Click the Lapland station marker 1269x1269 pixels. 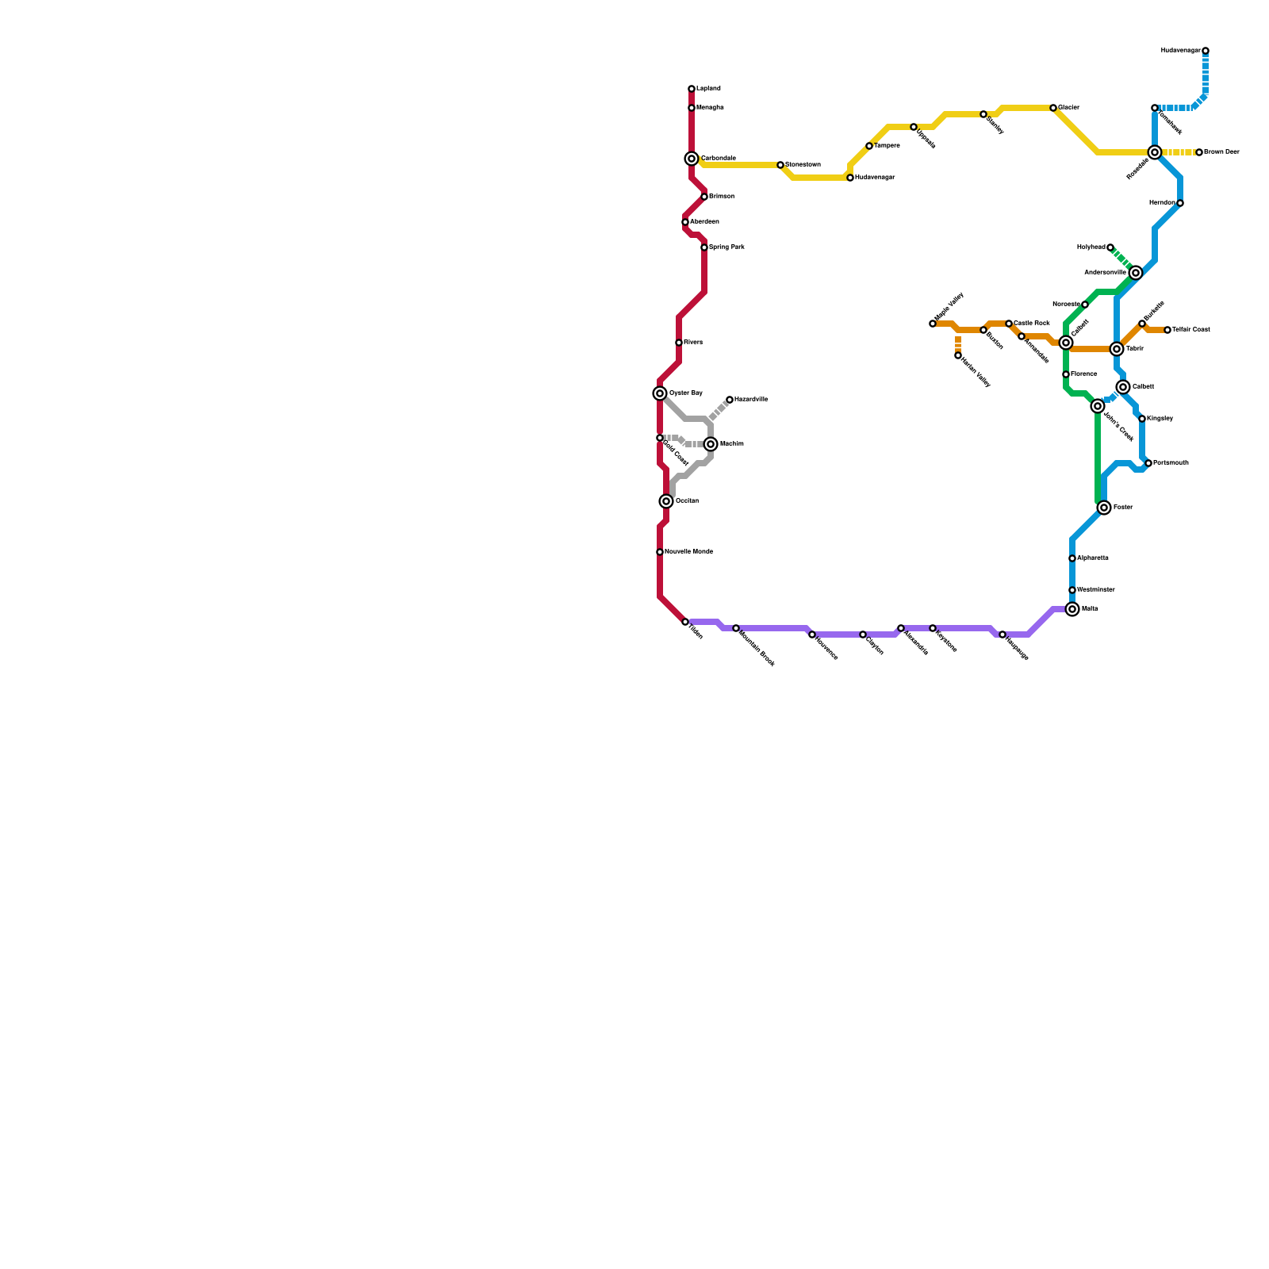pos(692,89)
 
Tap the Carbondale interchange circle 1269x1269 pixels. pos(692,159)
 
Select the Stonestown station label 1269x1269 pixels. pos(803,165)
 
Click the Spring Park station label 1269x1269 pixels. pos(727,247)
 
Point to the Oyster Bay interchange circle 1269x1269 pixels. pos(660,393)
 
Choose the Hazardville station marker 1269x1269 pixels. pos(730,400)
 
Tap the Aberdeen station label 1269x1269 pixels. pos(704,222)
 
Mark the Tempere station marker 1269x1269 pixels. pos(869,146)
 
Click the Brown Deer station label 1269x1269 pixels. pos(1221,152)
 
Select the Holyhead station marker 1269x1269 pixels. pos(1110,247)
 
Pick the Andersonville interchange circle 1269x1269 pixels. pos(1136,273)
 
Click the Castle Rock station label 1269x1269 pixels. pos(1032,324)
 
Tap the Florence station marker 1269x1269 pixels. pos(1066,374)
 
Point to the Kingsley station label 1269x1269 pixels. pos(1160,419)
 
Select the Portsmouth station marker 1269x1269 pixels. pos(1148,463)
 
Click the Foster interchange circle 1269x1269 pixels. pos(1104,508)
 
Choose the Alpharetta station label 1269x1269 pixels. pos(1093,558)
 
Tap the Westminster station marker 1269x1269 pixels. pos(1072,590)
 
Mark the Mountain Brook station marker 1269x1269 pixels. pos(736,628)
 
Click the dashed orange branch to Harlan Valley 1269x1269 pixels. pos(958,342)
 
